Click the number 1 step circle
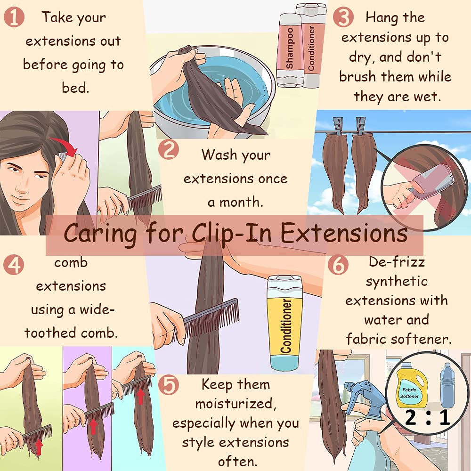tap(14, 17)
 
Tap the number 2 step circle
tap(169, 150)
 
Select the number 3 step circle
tap(343, 17)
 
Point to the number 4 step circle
tap(14, 265)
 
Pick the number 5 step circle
tap(169, 385)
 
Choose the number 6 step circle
tap(338, 265)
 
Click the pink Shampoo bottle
tap(289, 49)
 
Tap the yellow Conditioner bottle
tap(285, 323)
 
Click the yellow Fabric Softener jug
tap(412, 385)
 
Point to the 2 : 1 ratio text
tap(428, 417)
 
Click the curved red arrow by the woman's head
tap(65, 144)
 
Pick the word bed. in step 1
tap(76, 88)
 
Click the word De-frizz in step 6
tap(397, 261)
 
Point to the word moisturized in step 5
tap(236, 404)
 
